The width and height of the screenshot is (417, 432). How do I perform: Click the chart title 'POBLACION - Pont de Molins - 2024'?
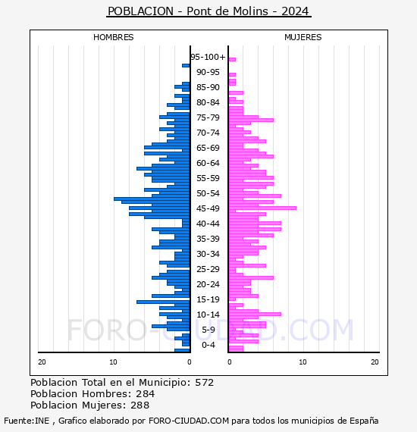[x=208, y=11]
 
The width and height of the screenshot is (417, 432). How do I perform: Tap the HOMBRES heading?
[x=113, y=37]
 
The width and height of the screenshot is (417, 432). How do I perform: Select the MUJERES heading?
[x=303, y=37]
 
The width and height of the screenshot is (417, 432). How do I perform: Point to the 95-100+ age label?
[x=208, y=57]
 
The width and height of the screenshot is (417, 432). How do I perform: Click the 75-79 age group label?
[x=208, y=117]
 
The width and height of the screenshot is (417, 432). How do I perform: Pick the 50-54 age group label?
[x=208, y=193]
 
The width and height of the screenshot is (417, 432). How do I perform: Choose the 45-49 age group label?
[x=208, y=208]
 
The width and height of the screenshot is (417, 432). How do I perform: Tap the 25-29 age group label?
[x=208, y=269]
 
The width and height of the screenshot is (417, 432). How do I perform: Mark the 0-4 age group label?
[x=208, y=345]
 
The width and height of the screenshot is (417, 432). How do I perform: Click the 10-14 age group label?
[x=208, y=315]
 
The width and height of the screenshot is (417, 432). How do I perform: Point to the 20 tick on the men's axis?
[x=42, y=362]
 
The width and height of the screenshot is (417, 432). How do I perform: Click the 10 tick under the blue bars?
[x=113, y=362]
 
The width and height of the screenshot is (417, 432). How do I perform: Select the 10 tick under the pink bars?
[x=303, y=362]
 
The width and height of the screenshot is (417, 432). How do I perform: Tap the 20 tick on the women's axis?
[x=375, y=362]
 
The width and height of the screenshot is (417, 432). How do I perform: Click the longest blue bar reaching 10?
[x=152, y=199]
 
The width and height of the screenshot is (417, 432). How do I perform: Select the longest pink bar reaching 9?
[x=262, y=208]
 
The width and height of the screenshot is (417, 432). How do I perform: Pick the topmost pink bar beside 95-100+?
[x=232, y=60]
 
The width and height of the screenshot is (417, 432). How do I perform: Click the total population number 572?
[x=204, y=383]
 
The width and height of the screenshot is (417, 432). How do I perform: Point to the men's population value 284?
[x=146, y=394]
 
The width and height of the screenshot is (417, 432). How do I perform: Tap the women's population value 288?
[x=140, y=405]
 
